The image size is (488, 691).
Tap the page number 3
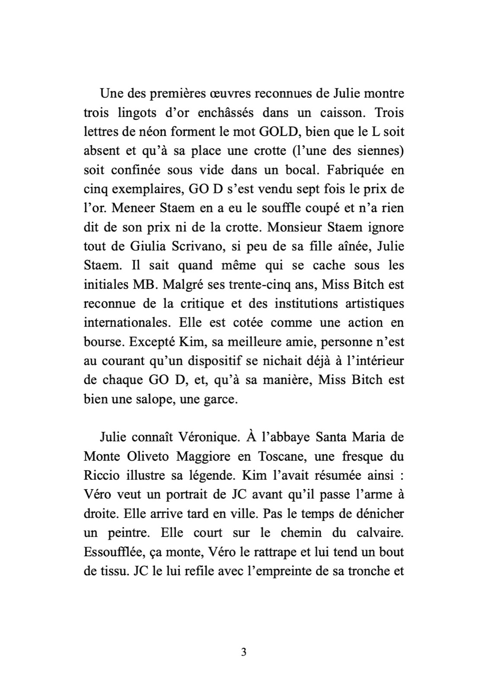[243, 652]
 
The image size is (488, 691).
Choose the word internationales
[119, 322]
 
